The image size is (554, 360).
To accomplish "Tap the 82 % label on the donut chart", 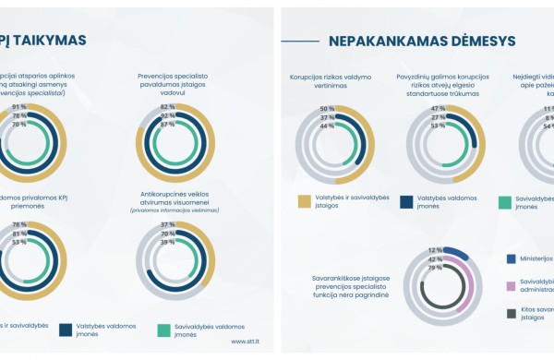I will [167, 107].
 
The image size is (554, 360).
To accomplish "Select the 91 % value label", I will [18, 107].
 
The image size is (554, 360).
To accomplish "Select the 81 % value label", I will [18, 234].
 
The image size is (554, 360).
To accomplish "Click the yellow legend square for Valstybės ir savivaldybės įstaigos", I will [304, 201].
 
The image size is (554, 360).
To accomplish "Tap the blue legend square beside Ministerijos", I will [512, 259].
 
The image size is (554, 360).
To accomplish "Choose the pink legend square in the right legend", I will [512, 287].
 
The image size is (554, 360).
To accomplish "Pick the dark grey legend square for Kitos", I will [512, 314].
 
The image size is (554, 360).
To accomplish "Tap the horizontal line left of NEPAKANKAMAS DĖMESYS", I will [300, 41].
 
